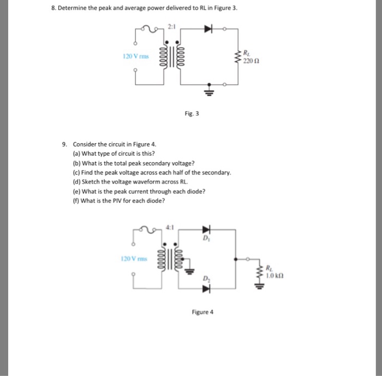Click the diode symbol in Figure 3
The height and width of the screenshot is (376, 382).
208,29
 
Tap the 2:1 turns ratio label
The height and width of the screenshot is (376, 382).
171,26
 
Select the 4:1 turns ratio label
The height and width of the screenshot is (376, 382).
170,227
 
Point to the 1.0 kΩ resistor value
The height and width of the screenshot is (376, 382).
274,276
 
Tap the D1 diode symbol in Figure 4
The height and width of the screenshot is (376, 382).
206,230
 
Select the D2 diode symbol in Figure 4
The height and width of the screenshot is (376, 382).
206,289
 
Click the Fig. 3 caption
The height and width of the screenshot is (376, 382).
192,114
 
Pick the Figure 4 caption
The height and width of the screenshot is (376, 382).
202,312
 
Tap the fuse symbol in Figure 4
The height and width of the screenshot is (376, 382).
148,230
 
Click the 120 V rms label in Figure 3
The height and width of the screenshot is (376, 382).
136,56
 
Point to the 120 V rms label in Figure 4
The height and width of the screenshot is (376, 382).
134,258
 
